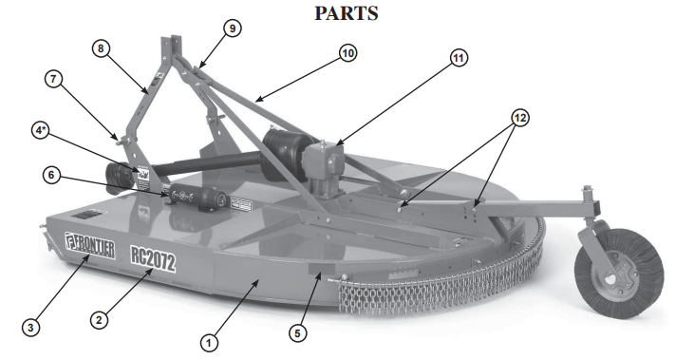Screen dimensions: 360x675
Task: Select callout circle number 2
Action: [x=98, y=320]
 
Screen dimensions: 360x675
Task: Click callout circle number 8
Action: [x=103, y=47]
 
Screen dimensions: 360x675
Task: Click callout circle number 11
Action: [x=459, y=58]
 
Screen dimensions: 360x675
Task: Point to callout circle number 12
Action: [x=518, y=118]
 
